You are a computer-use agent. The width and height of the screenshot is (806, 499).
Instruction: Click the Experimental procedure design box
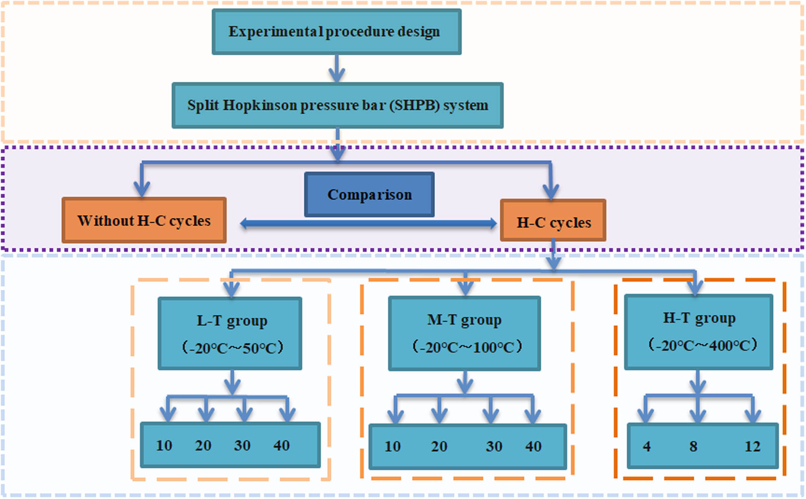click(x=337, y=32)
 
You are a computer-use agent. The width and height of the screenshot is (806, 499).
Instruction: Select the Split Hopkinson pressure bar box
click(x=337, y=106)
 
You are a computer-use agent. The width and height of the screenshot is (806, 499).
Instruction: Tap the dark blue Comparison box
click(x=369, y=195)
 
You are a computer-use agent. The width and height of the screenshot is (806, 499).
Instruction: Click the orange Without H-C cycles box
click(x=144, y=220)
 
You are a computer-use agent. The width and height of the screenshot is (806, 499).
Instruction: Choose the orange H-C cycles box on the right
click(x=553, y=221)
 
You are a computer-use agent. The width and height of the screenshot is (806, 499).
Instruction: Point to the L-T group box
click(x=230, y=333)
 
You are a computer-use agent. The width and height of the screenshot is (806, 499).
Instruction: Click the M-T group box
click(x=464, y=333)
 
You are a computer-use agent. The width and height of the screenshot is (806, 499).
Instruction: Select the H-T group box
click(x=698, y=332)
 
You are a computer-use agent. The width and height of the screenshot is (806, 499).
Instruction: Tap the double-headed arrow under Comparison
click(x=368, y=224)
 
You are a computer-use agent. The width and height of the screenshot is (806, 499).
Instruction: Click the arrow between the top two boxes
click(x=337, y=68)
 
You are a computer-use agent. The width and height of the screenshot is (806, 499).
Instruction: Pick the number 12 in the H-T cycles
click(x=752, y=446)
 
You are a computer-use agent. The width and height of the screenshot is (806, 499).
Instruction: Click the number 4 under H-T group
click(x=647, y=446)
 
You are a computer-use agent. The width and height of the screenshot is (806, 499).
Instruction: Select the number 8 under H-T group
click(x=693, y=446)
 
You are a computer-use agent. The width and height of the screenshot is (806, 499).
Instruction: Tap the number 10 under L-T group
click(x=164, y=445)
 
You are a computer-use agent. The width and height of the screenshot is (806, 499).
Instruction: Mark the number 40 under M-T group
click(x=533, y=446)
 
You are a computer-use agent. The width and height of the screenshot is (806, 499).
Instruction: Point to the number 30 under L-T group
click(x=242, y=445)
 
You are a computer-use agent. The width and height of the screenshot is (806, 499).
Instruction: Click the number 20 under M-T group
click(x=439, y=446)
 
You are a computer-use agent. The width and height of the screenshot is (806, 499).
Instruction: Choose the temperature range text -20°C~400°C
click(x=702, y=345)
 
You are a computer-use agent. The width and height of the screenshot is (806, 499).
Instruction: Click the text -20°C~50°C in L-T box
click(x=233, y=348)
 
